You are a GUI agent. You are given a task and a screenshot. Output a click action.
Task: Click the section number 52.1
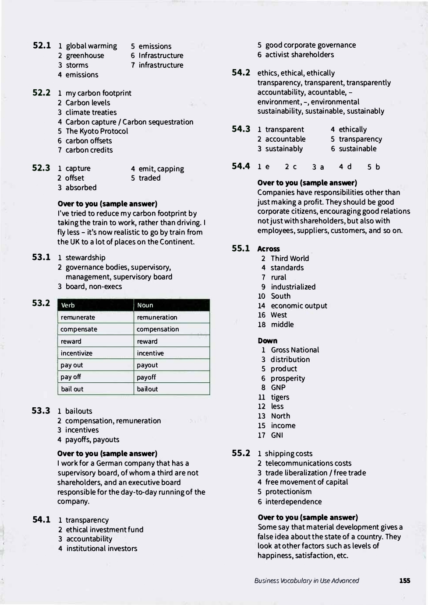tap(42, 45)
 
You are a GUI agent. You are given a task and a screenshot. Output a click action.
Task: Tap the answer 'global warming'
tap(91, 46)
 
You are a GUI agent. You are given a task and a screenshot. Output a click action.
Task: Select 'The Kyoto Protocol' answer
tap(96, 131)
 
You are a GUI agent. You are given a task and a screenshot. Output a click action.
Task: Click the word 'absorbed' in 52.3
tap(81, 188)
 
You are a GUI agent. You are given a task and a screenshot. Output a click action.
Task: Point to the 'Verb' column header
tap(68, 305)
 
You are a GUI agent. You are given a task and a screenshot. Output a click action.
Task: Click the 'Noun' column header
tap(145, 305)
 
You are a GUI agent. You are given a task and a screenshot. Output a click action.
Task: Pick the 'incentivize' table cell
tap(76, 353)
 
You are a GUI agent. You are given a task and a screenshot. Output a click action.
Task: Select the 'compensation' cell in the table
tap(158, 329)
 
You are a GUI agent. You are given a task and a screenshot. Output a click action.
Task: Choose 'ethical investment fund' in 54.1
tap(105, 530)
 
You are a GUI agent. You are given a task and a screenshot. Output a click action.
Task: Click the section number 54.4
tap(241, 166)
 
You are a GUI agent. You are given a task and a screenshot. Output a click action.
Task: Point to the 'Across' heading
tap(268, 249)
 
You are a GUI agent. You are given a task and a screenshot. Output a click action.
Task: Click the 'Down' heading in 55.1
tap(267, 341)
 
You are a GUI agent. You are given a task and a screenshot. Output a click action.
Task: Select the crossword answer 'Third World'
tap(290, 259)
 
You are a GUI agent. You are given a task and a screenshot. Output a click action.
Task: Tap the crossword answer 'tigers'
tap(280, 397)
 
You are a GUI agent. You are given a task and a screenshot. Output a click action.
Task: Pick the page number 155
tap(404, 581)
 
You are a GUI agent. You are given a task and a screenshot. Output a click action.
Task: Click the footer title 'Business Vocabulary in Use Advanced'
tap(306, 581)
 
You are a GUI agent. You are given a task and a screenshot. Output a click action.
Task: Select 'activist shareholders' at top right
tap(299, 55)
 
